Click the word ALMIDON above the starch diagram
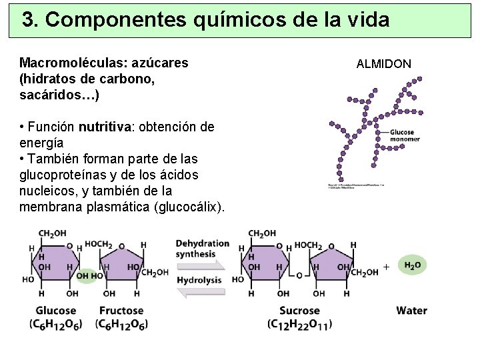tap(383, 64)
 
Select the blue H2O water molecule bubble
tap(413, 266)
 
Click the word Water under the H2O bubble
tap(411, 310)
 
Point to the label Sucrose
tap(299, 311)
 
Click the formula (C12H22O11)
tap(299, 324)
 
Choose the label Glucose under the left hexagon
tap(55, 311)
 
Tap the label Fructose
tap(121, 311)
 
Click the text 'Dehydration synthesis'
tap(199, 248)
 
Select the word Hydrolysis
tap(199, 280)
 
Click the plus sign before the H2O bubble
tap(386, 267)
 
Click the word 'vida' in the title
tap(367, 20)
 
